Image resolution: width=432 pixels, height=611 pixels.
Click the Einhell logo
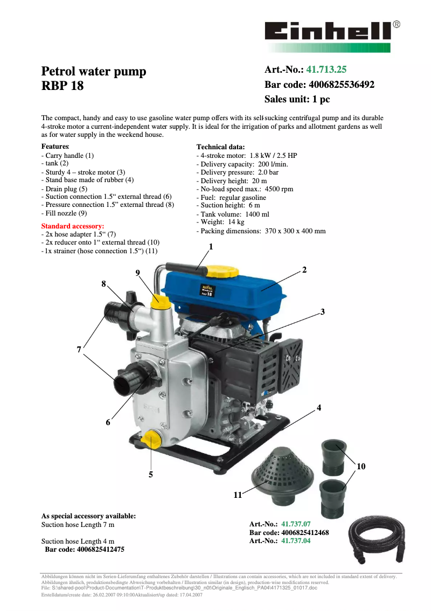point(329,31)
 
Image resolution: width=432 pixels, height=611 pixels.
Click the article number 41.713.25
point(326,70)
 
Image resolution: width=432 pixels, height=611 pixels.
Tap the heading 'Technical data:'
point(220,147)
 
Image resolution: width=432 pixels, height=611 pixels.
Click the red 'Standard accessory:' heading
point(73,226)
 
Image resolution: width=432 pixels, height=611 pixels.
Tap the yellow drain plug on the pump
point(151,440)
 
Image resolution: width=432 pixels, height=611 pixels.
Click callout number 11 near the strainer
point(238,495)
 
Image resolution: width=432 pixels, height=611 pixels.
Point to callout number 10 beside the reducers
point(361,467)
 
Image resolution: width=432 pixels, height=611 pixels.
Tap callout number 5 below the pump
point(151,475)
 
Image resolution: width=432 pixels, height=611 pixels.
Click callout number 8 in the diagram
point(103,283)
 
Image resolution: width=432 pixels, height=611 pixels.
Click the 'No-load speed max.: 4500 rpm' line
point(245,189)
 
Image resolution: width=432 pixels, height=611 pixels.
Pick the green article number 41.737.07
point(296,524)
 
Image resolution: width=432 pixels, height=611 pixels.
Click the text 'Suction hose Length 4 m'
point(78,541)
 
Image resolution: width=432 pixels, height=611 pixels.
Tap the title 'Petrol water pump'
point(94,72)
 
